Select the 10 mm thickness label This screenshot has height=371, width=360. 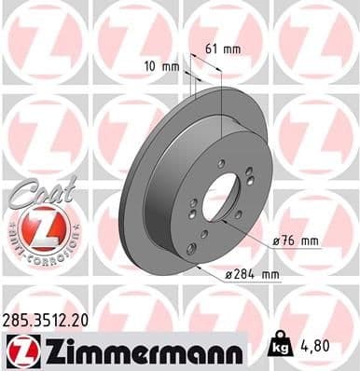point(163,66)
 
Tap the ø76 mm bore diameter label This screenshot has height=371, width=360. point(296,241)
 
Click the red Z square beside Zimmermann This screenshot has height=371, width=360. point(20,350)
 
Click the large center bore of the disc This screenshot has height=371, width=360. point(221,198)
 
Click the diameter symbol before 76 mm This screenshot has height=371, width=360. point(276,241)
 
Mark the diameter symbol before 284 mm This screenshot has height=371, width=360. point(229,273)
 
